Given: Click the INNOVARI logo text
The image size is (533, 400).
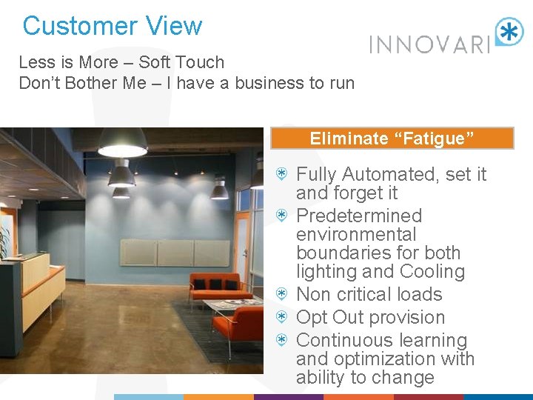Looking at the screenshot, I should pyautogui.click(x=429, y=44).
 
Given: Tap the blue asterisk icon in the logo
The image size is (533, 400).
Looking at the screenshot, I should pyautogui.click(x=509, y=33).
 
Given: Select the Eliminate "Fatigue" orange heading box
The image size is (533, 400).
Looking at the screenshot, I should pyautogui.click(x=392, y=139).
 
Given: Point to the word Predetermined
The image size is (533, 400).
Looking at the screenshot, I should pyautogui.click(x=358, y=216).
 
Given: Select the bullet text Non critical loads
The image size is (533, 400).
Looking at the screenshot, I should pyautogui.click(x=369, y=295).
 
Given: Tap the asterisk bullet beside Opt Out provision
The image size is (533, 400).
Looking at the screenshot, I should pyautogui.click(x=282, y=317).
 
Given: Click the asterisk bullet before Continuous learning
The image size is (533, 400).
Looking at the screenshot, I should pyautogui.click(x=282, y=340).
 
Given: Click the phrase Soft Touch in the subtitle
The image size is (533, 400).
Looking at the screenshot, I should pyautogui.click(x=181, y=62).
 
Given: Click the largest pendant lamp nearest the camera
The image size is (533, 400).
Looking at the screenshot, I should pyautogui.click(x=122, y=143).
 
